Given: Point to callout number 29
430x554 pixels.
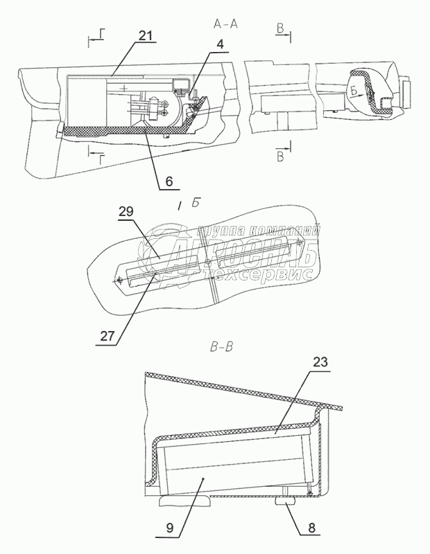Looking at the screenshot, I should (x=125, y=213).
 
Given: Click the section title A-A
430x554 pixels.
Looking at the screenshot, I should (x=227, y=24).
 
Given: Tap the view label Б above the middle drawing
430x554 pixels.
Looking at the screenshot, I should (x=197, y=203).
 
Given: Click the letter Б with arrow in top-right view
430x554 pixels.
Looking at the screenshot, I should (x=354, y=91).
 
